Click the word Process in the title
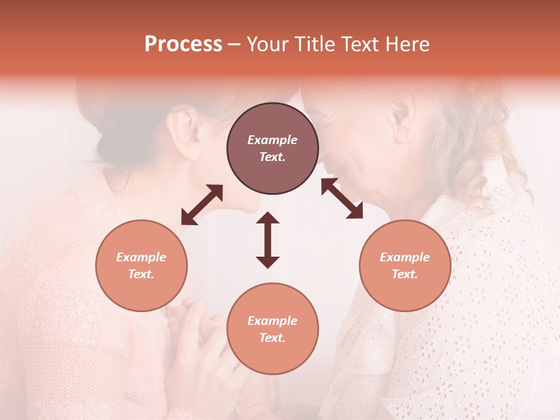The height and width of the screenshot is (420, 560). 183,44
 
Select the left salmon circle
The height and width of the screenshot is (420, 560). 141,265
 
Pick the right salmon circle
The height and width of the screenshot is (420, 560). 405,265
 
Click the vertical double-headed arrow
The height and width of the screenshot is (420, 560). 268,240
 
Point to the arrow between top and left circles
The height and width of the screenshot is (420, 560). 202,205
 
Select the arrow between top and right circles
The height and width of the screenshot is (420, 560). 342,198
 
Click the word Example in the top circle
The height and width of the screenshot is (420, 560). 272,140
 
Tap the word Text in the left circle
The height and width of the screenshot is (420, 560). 141,274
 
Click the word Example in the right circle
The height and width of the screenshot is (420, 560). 405,257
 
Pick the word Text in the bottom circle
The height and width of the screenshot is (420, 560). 272,338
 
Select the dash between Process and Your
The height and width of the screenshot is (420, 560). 235,45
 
